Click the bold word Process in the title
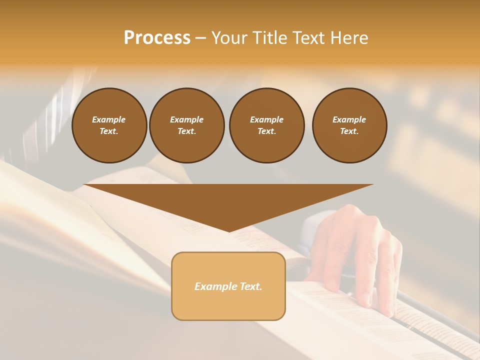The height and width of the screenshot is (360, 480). (157, 38)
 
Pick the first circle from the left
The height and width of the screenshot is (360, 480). (109, 125)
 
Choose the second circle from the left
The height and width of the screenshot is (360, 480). (187, 125)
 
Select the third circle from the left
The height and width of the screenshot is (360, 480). (266, 125)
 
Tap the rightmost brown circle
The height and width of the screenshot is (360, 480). (349, 125)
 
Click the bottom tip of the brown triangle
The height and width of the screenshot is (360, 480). (229, 230)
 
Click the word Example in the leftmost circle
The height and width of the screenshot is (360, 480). (109, 119)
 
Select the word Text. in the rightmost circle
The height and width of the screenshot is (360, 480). (349, 131)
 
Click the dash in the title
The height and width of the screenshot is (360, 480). (200, 38)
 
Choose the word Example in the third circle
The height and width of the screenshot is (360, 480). (266, 119)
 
